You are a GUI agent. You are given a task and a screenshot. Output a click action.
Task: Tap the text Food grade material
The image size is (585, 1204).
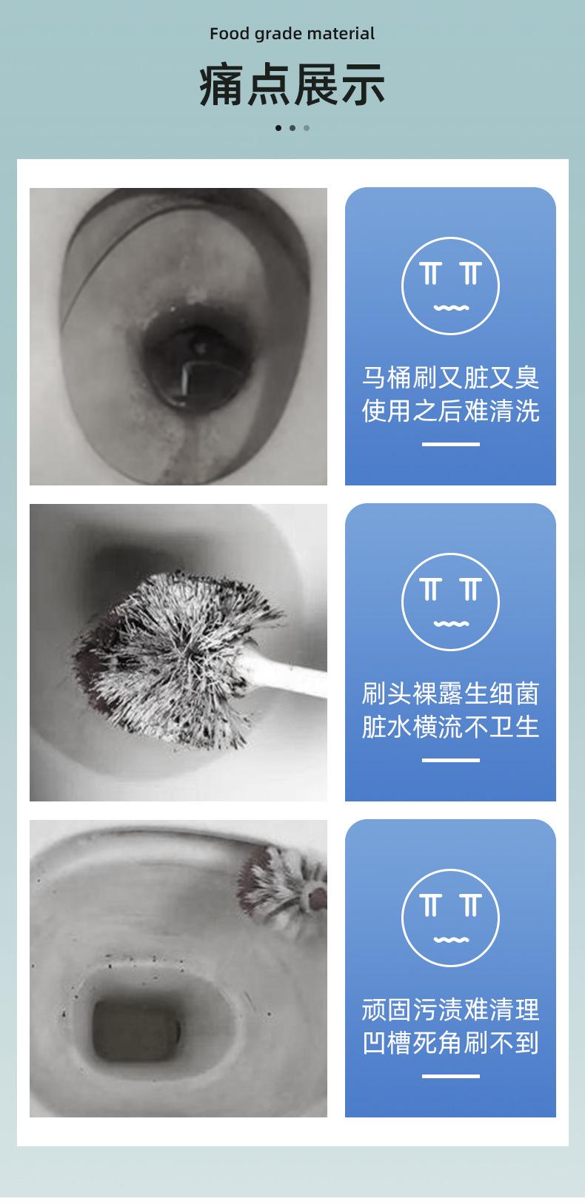point(292,33)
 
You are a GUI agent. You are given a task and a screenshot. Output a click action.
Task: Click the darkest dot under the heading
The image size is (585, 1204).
point(278,128)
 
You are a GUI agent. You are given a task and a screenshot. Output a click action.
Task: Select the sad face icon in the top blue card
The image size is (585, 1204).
point(450,286)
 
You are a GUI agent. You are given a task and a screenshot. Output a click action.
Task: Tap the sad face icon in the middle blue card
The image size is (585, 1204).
point(450,602)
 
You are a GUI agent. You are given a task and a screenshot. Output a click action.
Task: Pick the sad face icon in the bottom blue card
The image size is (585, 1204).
point(450,918)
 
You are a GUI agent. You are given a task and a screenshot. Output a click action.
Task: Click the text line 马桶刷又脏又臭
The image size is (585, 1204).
point(450,377)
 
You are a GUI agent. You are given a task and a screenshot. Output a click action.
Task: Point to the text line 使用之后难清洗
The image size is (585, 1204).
point(450,410)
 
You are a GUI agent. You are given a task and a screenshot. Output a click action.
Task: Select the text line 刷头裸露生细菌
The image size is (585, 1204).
point(450,693)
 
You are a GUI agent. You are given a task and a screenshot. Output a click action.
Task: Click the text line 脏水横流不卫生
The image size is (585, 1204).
point(450,726)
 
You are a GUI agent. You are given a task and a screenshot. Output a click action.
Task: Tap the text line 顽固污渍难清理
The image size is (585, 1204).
point(450,1009)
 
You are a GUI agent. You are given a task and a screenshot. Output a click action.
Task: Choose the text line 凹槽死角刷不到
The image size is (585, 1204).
point(450,1043)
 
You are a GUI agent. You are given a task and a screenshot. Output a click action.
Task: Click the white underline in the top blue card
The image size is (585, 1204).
point(450,444)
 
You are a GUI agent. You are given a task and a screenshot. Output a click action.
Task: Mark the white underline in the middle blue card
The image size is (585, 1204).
point(450,760)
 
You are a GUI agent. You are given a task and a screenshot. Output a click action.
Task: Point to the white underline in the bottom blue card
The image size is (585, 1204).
point(450,1076)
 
